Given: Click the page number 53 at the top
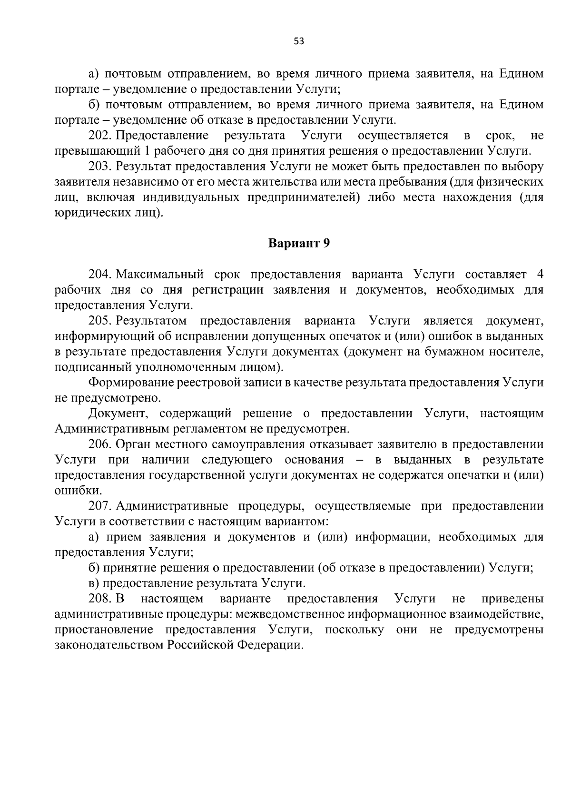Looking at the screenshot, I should point(299,41).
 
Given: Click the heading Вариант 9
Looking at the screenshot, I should point(299,243).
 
